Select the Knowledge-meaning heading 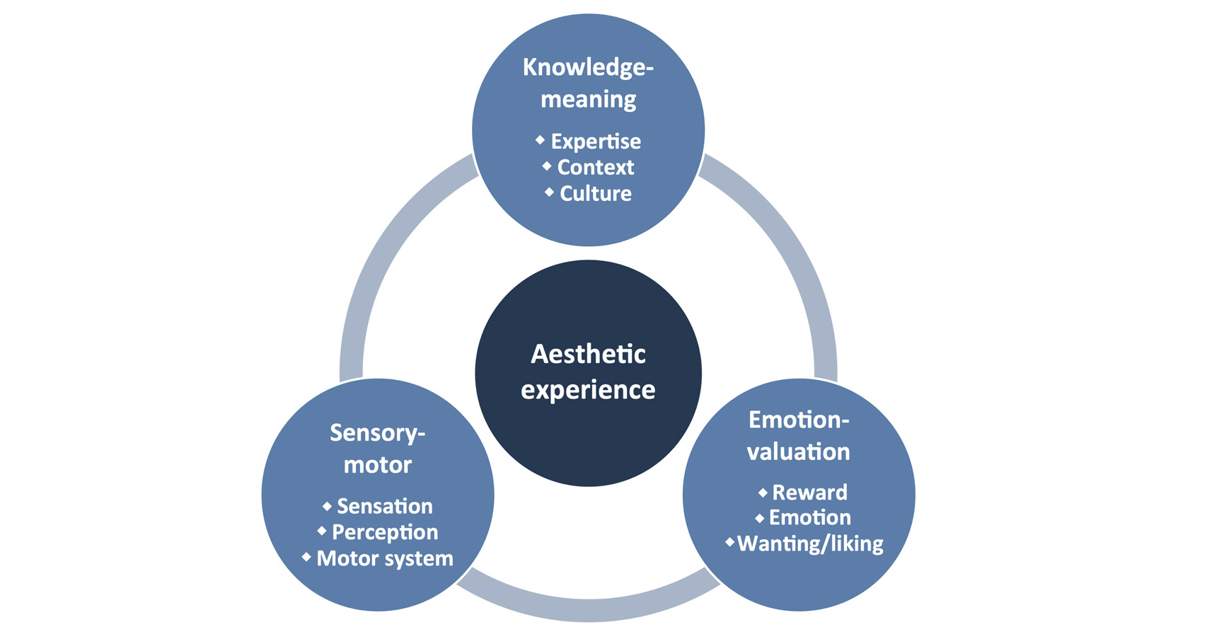click(588, 83)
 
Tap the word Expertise click(596, 142)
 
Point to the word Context click(596, 168)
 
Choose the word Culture click(596, 193)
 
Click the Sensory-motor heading click(378, 448)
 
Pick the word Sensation click(385, 506)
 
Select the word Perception click(385, 532)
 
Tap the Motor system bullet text click(385, 558)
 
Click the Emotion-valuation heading click(799, 435)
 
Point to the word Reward click(809, 492)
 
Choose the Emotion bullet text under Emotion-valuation click(809, 517)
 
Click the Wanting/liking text click(810, 544)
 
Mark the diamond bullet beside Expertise click(540, 140)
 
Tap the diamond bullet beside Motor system click(306, 557)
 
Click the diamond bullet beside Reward click(763, 492)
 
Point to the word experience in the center click(588, 390)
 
